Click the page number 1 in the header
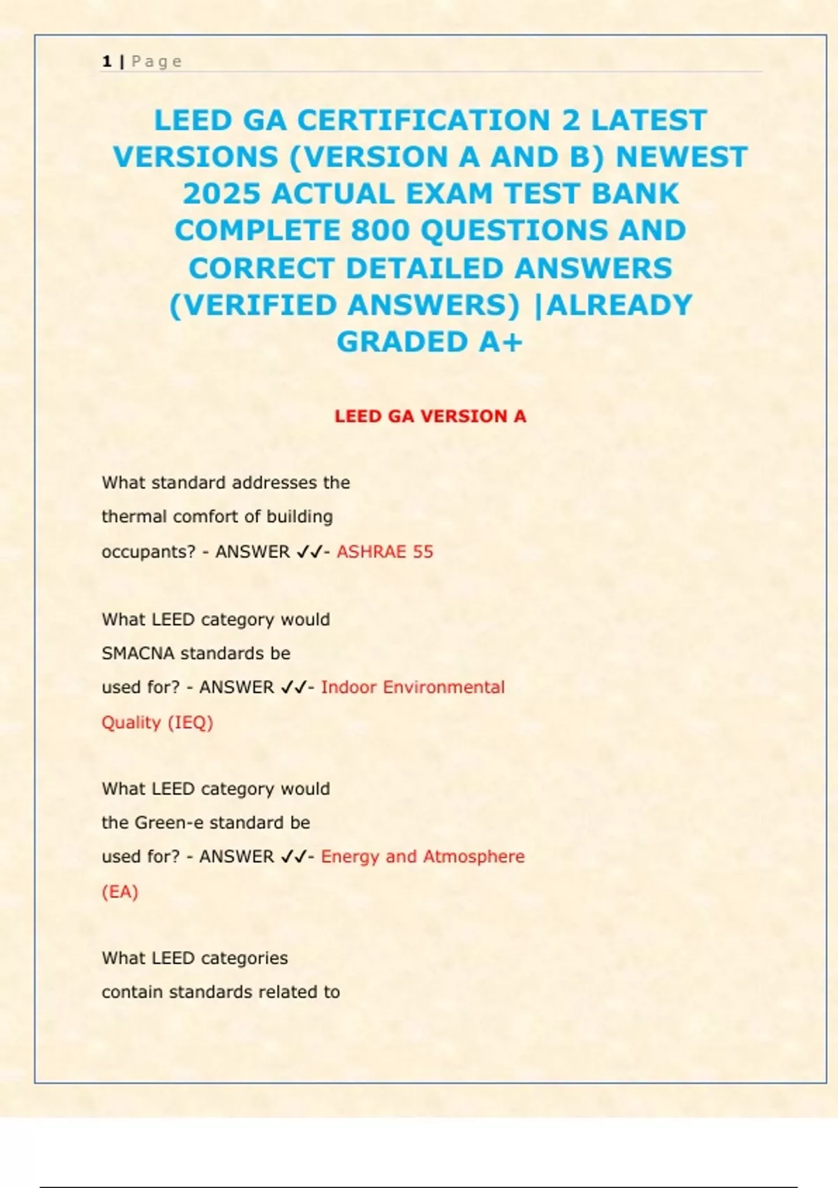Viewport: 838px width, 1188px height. tap(107, 61)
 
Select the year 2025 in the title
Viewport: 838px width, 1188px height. tap(222, 194)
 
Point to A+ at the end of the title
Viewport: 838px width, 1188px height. tap(501, 342)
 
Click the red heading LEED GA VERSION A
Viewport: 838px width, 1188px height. tap(430, 416)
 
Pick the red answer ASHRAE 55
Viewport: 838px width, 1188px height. tap(385, 551)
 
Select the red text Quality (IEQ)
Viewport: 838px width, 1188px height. tap(157, 722)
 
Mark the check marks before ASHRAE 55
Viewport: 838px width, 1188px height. tap(309, 551)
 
